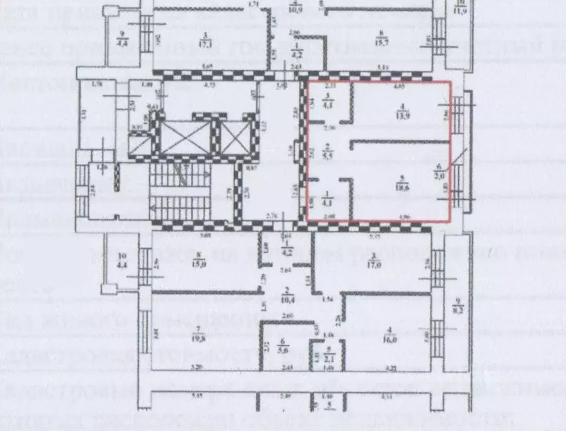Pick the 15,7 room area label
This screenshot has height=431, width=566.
coord(382,43)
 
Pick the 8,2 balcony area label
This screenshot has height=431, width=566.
coord(459,308)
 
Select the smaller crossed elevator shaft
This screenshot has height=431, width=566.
coord(236,136)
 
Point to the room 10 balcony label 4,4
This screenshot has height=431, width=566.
coord(122,264)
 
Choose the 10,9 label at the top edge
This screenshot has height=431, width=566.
coord(295,9)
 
